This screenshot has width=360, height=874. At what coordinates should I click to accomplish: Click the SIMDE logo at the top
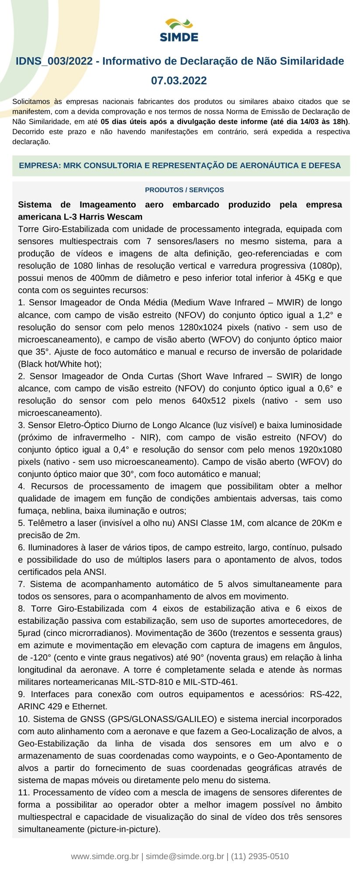tap(179, 30)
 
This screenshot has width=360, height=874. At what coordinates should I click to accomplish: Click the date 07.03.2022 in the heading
tap(179, 80)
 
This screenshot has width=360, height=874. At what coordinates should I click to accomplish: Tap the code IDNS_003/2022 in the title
tap(54, 61)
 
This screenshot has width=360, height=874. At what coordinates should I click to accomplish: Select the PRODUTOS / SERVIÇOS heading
tap(184, 190)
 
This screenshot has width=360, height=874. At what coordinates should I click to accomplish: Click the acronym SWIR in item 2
tap(291, 376)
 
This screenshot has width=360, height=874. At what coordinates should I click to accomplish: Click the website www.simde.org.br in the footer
tap(105, 857)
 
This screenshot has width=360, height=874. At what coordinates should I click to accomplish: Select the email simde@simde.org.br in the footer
tap(184, 857)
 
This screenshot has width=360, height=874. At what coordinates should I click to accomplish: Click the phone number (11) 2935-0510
tap(260, 857)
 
